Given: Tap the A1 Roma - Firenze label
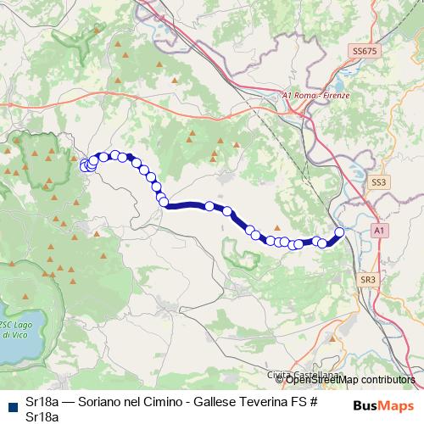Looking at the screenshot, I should coord(315,96).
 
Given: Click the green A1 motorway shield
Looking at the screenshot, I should coord(379,230).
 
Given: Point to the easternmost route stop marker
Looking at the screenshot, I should coord(340,232).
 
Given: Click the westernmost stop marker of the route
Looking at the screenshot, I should coord(84,165).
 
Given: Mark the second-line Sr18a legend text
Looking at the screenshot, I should coord(42,416).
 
